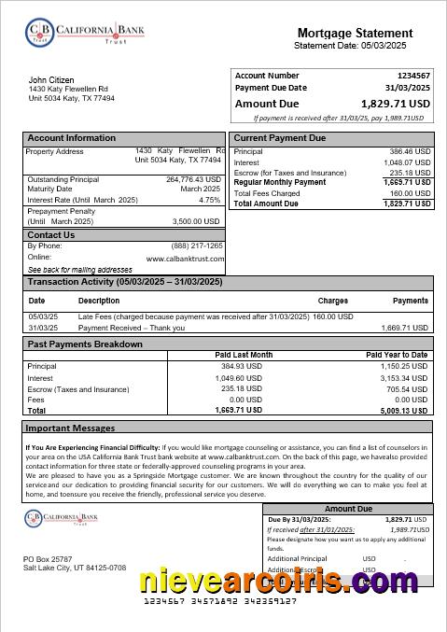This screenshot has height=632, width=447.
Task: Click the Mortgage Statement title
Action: click(355, 33)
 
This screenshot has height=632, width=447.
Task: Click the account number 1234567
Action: click(413, 76)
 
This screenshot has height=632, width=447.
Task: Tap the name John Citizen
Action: click(51, 80)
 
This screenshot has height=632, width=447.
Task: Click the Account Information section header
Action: click(72, 138)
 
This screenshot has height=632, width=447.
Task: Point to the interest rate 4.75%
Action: click(210, 200)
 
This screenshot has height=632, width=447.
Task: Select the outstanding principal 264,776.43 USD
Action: click(194, 179)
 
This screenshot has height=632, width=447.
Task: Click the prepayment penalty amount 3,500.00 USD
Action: click(197, 221)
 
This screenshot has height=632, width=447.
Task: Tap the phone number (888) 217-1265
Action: click(198, 246)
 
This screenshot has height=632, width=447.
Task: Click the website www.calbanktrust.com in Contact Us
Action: click(185, 258)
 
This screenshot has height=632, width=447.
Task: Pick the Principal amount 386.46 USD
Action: click(410, 151)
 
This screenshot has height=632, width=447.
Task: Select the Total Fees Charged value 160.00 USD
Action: click(410, 193)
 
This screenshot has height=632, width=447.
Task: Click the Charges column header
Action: click(333, 302)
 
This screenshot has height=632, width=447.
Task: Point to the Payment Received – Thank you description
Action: click(132, 329)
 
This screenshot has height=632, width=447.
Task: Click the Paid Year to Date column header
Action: click(397, 356)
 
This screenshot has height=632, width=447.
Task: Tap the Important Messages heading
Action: click(70, 428)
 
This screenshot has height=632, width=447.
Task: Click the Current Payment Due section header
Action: click(280, 138)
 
